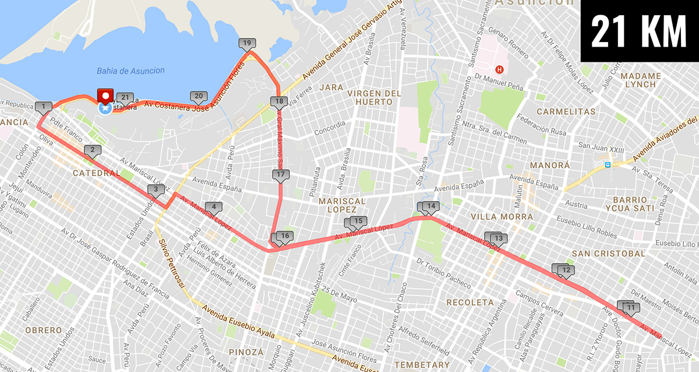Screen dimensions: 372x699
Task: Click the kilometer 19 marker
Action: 246,44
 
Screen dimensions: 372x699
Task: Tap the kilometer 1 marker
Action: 43,107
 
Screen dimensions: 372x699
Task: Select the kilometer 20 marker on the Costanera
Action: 198,97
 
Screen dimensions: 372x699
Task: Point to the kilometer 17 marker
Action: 280,175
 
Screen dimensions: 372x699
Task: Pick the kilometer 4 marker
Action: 214,207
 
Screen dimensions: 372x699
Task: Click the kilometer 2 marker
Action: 92,151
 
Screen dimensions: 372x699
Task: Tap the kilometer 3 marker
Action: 156,189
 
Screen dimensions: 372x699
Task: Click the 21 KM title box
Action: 639,31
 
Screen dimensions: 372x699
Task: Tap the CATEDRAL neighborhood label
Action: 96,173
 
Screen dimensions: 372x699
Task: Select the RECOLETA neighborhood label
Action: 469,303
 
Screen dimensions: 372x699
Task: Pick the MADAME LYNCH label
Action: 641,80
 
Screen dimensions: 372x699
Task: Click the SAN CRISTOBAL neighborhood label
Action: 608,254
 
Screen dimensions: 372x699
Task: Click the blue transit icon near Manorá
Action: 608,165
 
